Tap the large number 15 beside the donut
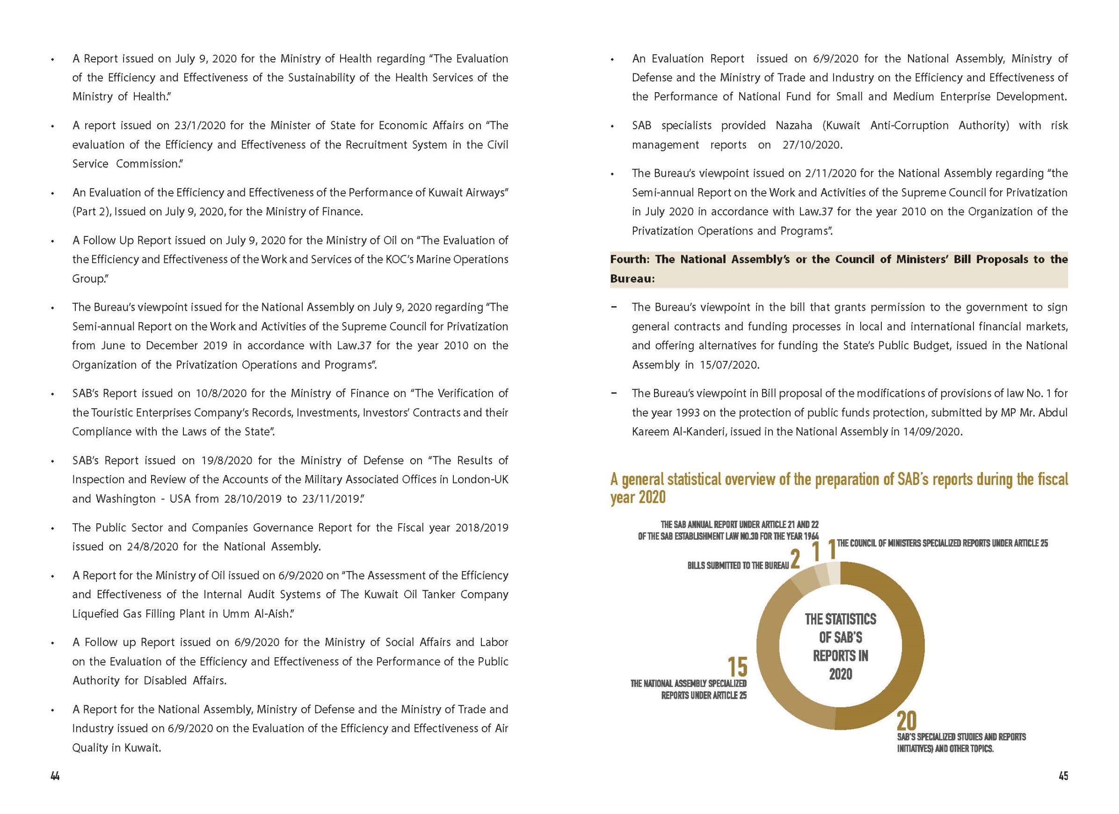[x=738, y=667]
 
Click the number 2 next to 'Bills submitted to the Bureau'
[x=795, y=560]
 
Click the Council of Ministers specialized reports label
[x=942, y=543]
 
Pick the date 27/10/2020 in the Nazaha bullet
[x=812, y=145]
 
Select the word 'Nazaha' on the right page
[x=793, y=125]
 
